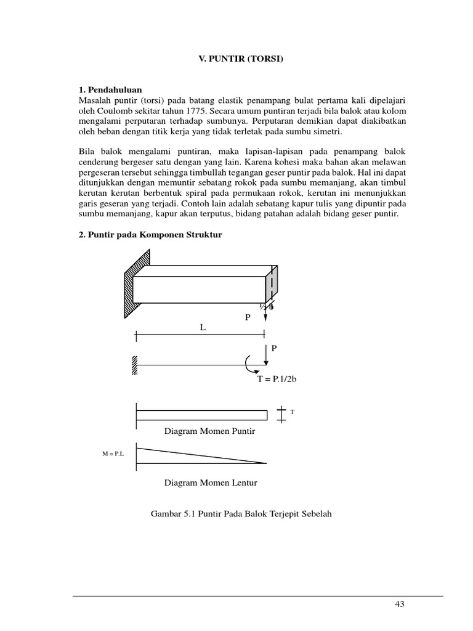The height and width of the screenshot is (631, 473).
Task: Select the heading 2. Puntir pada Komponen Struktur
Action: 150,235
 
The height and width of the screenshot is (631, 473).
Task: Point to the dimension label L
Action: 201,328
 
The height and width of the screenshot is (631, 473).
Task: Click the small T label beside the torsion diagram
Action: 293,412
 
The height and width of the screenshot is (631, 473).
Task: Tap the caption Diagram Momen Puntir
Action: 209,431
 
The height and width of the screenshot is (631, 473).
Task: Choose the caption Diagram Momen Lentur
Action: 210,482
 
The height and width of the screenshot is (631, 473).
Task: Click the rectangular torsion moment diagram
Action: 201,415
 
